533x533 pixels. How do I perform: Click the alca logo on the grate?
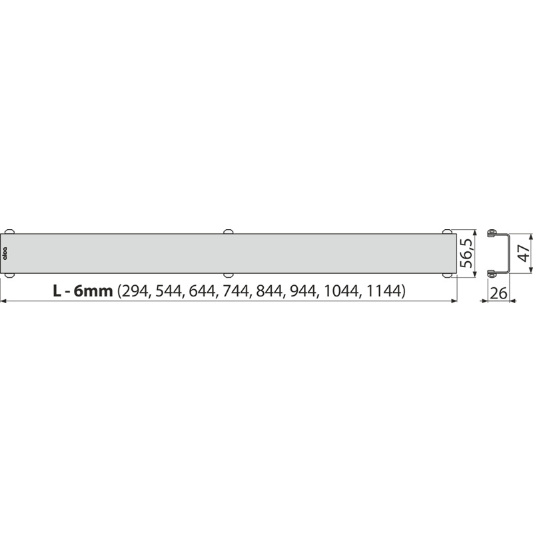7,254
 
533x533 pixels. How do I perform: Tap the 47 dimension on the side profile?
523,252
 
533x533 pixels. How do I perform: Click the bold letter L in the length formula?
58,291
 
